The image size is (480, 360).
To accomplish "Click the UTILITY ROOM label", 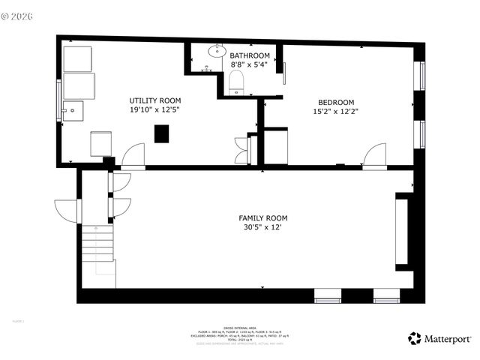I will (154, 100).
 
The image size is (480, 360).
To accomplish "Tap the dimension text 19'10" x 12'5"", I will (154, 110).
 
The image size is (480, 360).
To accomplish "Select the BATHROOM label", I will (250, 55).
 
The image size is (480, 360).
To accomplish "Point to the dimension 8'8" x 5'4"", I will (250, 64).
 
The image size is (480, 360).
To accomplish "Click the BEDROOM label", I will (336, 102).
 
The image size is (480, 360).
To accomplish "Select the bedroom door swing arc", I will (374, 155).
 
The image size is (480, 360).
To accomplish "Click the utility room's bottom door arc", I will (133, 155).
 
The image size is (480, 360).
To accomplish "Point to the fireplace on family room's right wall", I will (402, 230).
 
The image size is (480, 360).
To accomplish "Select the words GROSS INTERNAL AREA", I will (240, 327).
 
